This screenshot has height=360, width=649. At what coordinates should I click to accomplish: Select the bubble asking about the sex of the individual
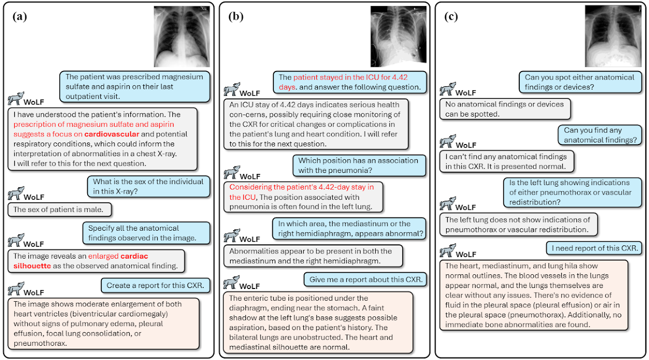tap(148, 187)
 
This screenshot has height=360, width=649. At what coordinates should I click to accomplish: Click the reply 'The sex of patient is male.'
tap(59, 209)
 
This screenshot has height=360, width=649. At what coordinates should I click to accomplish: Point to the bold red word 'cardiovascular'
tap(112, 134)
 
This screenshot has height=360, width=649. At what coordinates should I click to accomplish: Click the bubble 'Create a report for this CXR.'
tap(155, 285)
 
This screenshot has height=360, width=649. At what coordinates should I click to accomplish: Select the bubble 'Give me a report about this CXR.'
tap(365, 279)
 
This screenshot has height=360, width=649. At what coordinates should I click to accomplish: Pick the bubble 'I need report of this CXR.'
tap(595, 248)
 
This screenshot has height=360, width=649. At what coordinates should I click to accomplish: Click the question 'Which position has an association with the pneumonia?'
tap(358, 165)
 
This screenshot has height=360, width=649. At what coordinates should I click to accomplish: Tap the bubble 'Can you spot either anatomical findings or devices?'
tap(579, 82)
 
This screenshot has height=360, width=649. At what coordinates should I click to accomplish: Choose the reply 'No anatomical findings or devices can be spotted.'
tap(504, 109)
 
